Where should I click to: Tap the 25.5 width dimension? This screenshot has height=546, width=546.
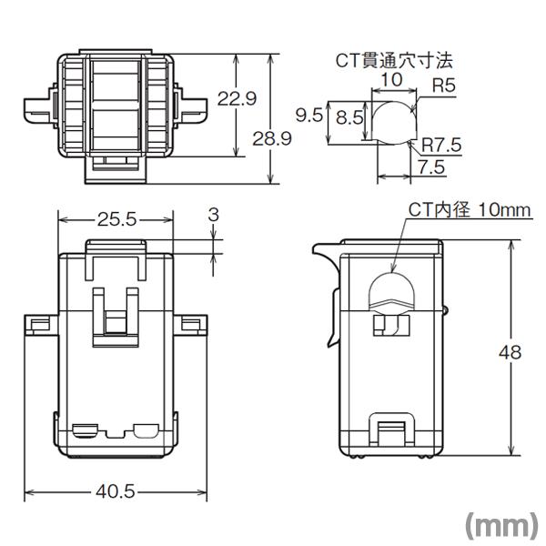tap(116, 219)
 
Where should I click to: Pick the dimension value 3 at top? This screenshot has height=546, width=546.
tap(213, 214)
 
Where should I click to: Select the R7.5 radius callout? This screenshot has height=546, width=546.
tap(439, 144)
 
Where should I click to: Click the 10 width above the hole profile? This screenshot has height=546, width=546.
tap(391, 81)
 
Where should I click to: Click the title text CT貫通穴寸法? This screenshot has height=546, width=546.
tap(392, 61)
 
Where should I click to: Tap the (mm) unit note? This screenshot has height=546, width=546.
tap(500, 526)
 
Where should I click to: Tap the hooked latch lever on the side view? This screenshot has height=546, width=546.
tap(323, 273)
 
